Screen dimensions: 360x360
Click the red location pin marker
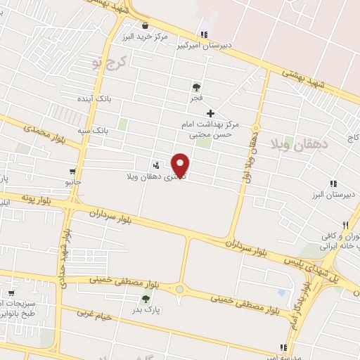click(181, 164)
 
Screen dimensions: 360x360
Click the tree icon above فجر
click(195, 87)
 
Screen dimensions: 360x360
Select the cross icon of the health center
click(210, 113)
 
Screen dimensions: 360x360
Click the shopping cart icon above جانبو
click(73, 172)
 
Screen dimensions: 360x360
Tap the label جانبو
click(73, 182)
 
